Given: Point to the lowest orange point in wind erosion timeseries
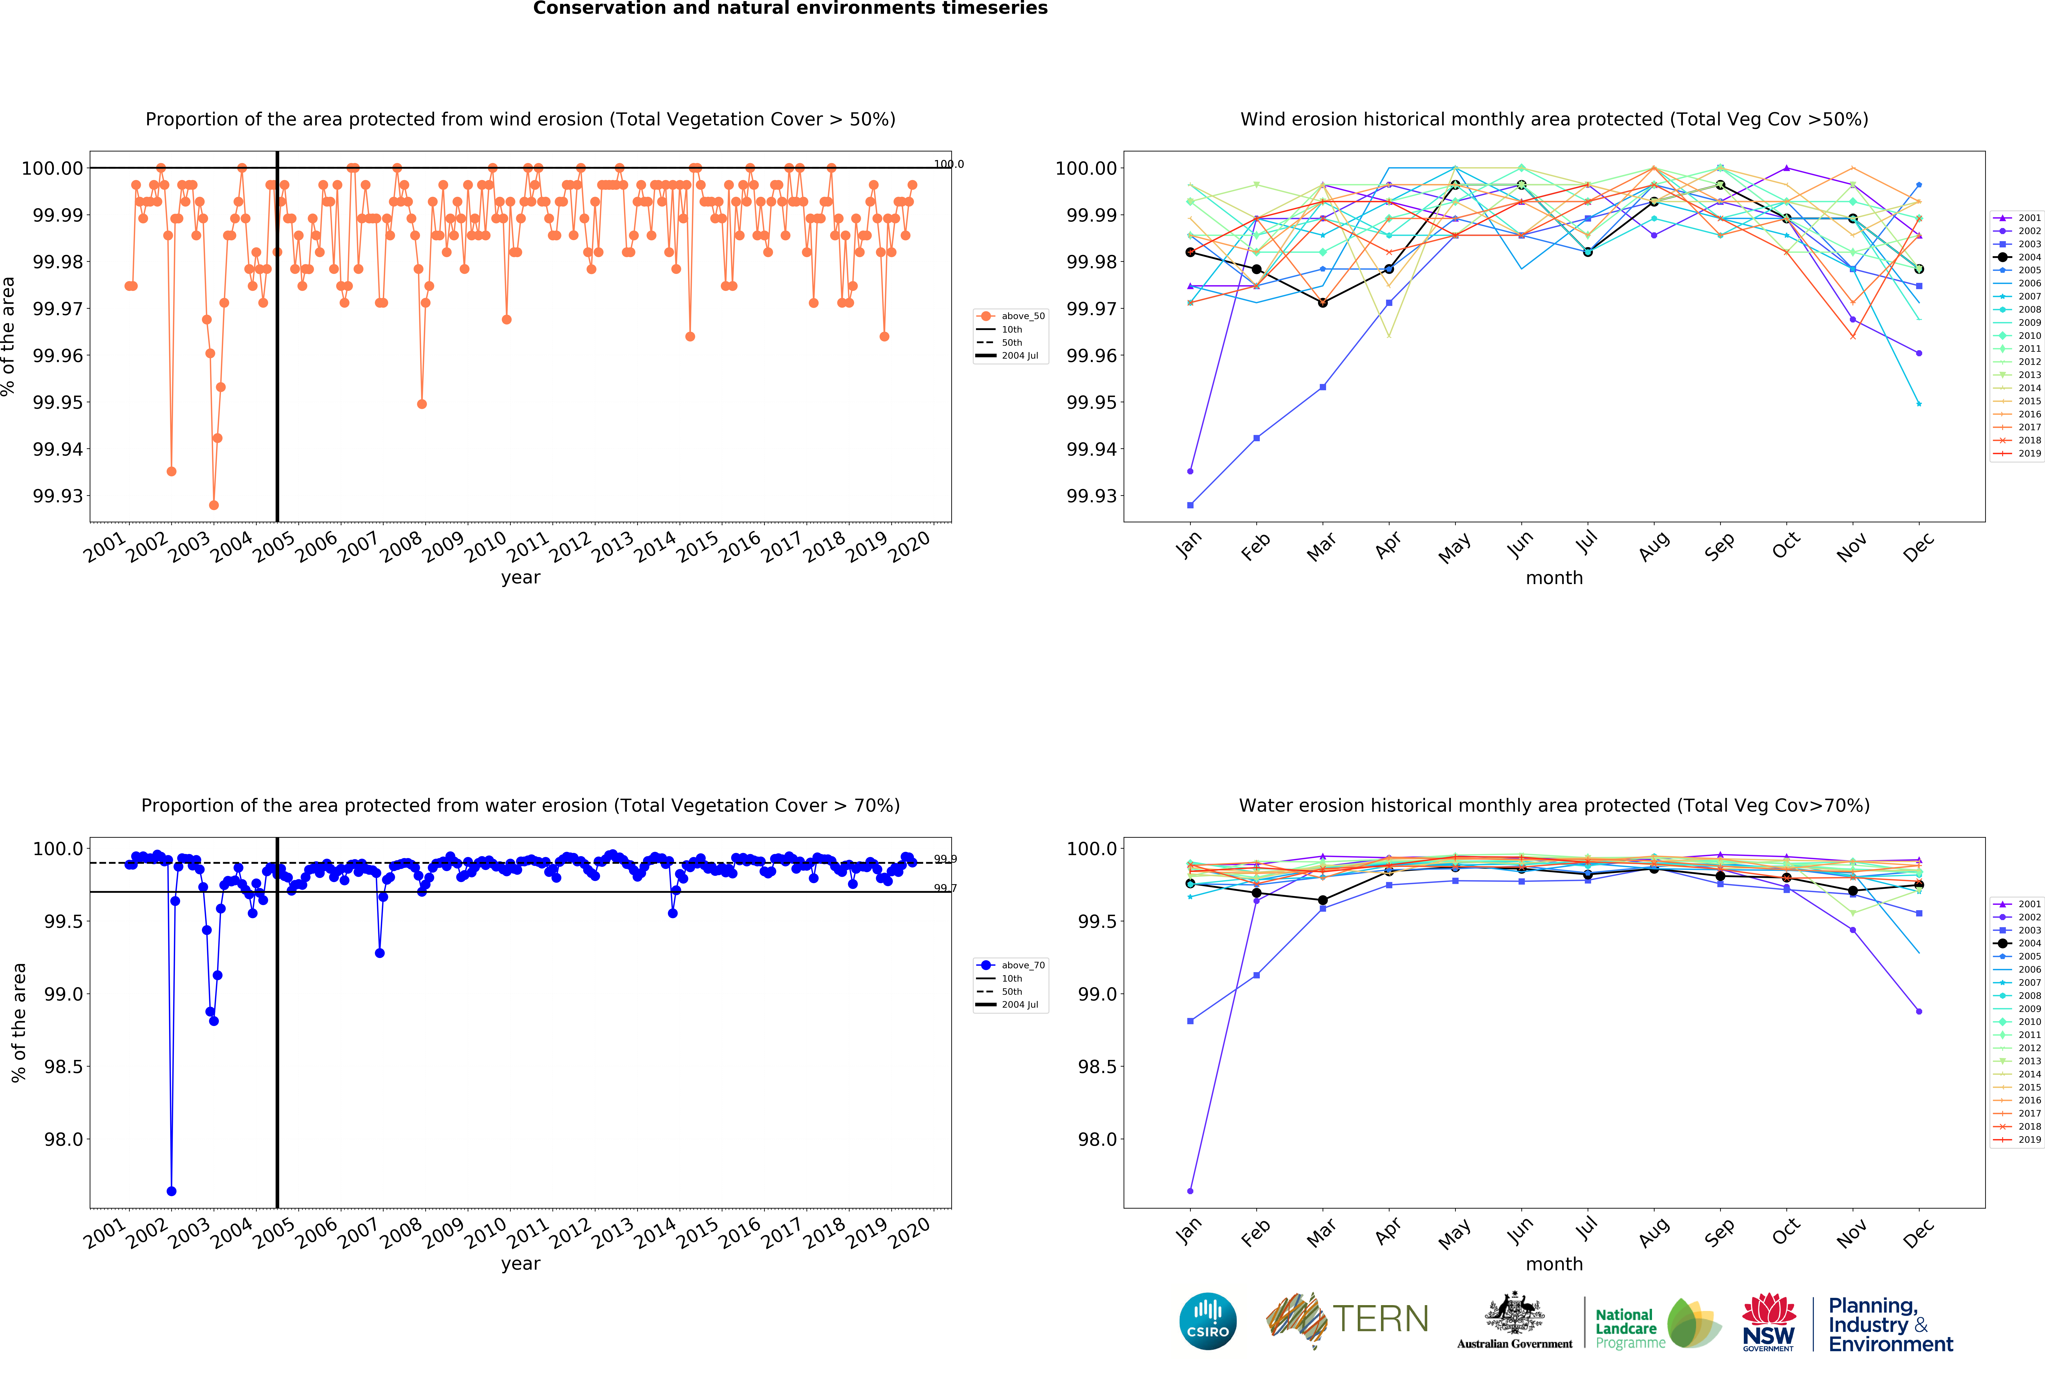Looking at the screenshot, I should point(214,506).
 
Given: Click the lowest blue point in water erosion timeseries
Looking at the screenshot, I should point(172,1191).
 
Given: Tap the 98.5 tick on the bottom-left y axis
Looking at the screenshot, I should point(63,1066).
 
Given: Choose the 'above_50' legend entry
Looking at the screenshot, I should point(1022,316).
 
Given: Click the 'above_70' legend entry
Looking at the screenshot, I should point(1022,965).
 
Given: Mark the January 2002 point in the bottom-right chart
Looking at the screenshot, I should point(1190,1191).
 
